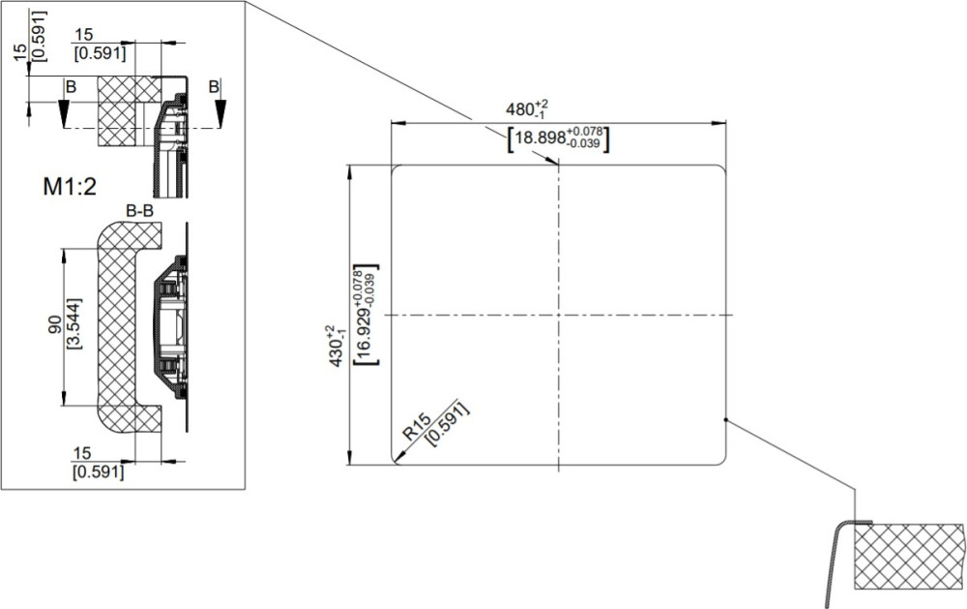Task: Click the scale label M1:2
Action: [x=70, y=186]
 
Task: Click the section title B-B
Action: [x=139, y=211]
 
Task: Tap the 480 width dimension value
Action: [x=520, y=109]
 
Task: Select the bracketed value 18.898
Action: [x=541, y=137]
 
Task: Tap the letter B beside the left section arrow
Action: [x=71, y=87]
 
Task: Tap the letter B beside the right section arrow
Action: [x=214, y=86]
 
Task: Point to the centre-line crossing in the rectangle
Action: [x=558, y=315]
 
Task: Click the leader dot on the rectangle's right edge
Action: [x=726, y=420]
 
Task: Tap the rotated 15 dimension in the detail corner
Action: [x=21, y=50]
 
